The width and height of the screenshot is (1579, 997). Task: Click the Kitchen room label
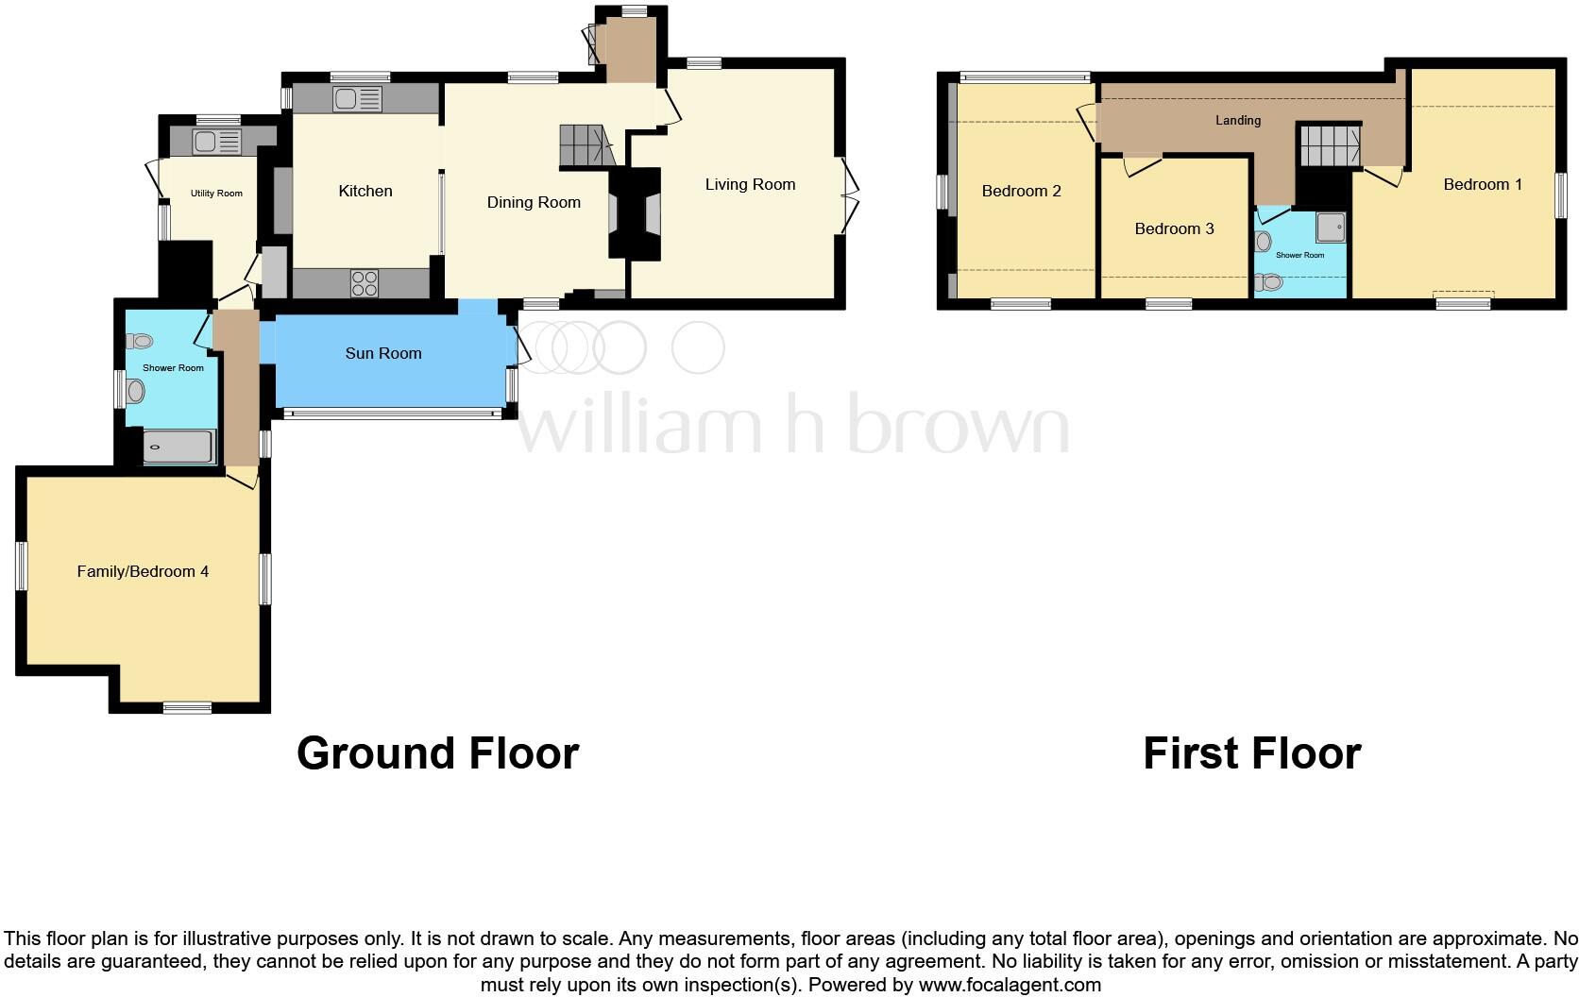(x=365, y=192)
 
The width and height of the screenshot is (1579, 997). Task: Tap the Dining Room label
(x=534, y=203)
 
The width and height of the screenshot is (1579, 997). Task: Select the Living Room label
(x=750, y=185)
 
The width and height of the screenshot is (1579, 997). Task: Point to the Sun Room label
(x=382, y=354)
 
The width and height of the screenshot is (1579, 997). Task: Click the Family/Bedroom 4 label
(x=143, y=572)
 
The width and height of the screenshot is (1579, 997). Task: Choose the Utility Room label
(x=216, y=194)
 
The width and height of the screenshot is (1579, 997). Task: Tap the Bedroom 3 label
(x=1174, y=229)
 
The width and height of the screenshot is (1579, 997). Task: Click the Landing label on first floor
(x=1237, y=121)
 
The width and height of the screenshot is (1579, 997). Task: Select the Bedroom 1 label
(x=1483, y=185)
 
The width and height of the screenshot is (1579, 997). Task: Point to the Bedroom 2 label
(x=1021, y=192)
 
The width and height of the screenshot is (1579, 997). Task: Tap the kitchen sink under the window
(x=357, y=99)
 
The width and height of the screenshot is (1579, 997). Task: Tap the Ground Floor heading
(x=437, y=753)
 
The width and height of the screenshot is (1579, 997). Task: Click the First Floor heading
(x=1251, y=753)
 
